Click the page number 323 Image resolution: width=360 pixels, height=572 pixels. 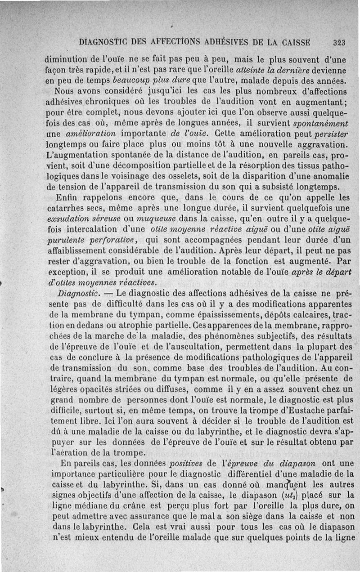click(339, 43)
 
